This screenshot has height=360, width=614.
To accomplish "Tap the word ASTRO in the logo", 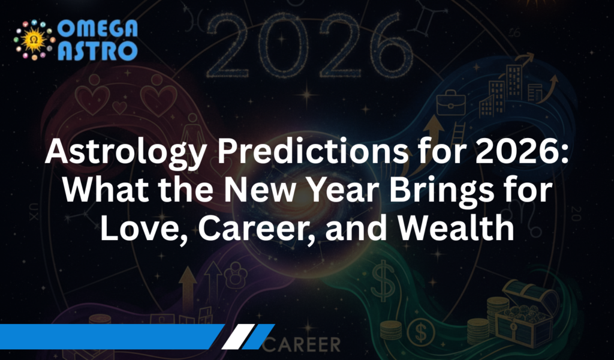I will (98, 50).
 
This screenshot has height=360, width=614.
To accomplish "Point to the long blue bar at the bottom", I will (108, 337).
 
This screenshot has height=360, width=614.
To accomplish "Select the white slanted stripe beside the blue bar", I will (234, 337).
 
